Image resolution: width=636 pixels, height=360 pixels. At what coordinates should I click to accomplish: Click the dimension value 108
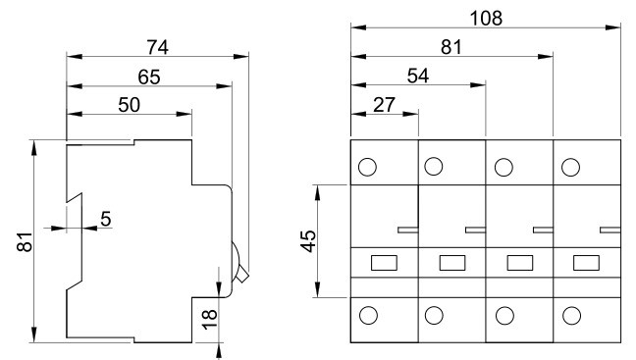486,19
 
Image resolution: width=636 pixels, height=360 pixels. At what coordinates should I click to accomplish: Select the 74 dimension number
157,47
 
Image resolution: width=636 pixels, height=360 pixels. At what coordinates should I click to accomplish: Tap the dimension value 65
149,77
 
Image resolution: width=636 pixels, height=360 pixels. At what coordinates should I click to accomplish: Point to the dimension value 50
129,105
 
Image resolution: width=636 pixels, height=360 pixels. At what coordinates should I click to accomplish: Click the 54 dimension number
418,76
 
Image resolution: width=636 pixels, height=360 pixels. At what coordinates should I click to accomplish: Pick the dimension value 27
384,105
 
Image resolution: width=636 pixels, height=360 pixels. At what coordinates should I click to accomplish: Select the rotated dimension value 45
309,241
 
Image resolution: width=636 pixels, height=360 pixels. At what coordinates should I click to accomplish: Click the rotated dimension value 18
210,320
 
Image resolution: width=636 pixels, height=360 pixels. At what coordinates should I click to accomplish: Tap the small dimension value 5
105,219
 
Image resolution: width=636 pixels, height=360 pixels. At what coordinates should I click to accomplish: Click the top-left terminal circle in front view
367,167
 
